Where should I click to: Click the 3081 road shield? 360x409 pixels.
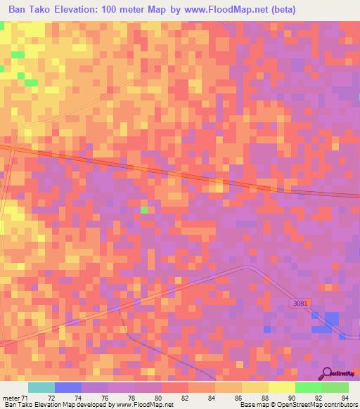300,303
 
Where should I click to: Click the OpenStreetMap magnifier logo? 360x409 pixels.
328,373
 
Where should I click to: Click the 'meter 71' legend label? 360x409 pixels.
15,398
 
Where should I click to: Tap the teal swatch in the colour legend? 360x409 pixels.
41,387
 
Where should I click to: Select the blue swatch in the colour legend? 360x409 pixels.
68,387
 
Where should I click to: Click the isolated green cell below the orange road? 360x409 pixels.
144,209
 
